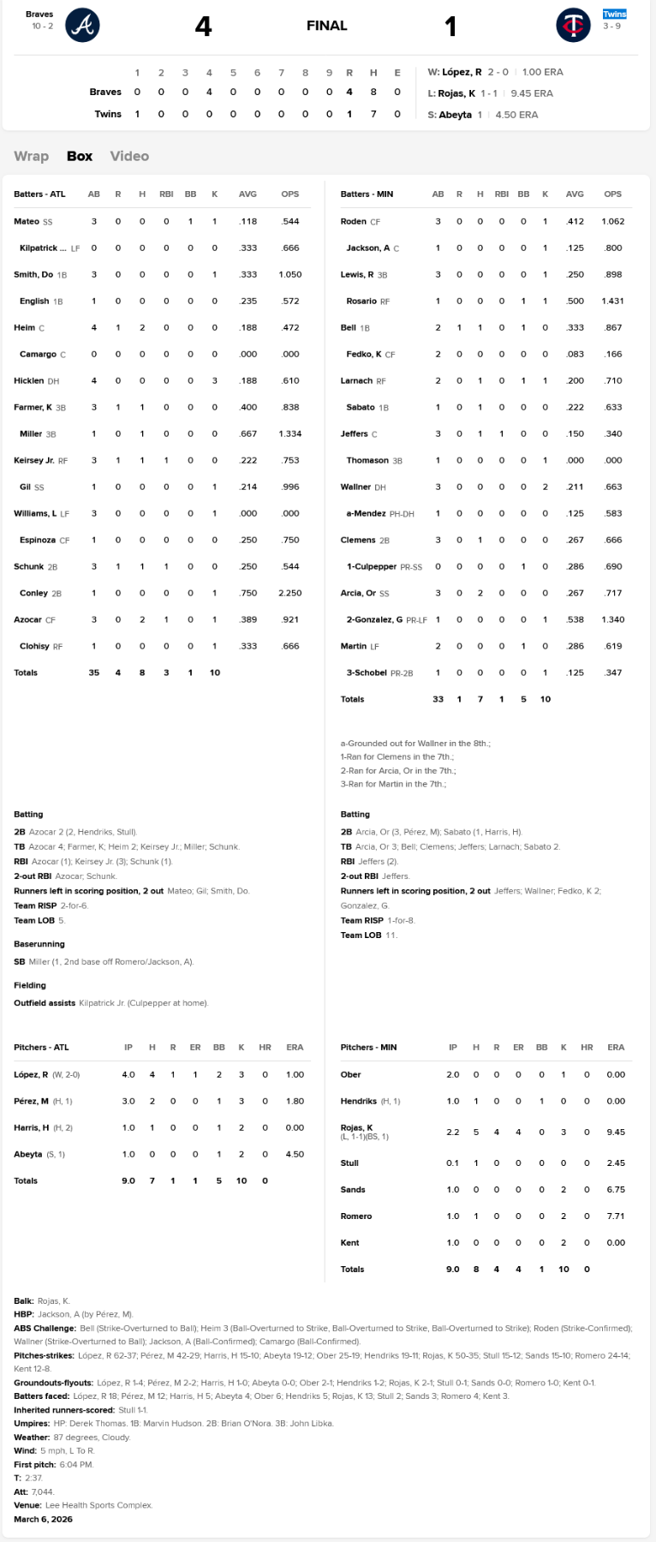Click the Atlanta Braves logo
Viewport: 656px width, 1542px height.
coord(82,25)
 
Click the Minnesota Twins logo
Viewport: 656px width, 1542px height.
coord(573,25)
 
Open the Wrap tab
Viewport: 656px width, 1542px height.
coord(31,156)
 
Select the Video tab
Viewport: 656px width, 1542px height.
coord(129,156)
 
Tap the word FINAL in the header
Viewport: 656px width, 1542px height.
coord(327,26)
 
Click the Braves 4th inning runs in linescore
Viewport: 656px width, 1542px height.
coord(209,92)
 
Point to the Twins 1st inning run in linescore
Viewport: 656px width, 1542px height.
coord(137,114)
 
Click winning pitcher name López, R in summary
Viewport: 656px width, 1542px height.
coord(462,72)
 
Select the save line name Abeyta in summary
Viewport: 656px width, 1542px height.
coord(456,115)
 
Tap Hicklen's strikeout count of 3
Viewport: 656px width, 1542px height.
coord(215,380)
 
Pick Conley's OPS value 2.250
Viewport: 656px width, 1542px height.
coord(289,593)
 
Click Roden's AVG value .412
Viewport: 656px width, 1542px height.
coord(575,221)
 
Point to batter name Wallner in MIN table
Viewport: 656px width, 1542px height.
coord(355,487)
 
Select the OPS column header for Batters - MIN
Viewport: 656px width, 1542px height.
coord(612,194)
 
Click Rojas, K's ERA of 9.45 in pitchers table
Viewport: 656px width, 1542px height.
coord(616,1132)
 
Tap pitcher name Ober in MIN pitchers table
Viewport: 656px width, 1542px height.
coord(351,1074)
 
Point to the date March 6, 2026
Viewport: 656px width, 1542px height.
coord(43,1519)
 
